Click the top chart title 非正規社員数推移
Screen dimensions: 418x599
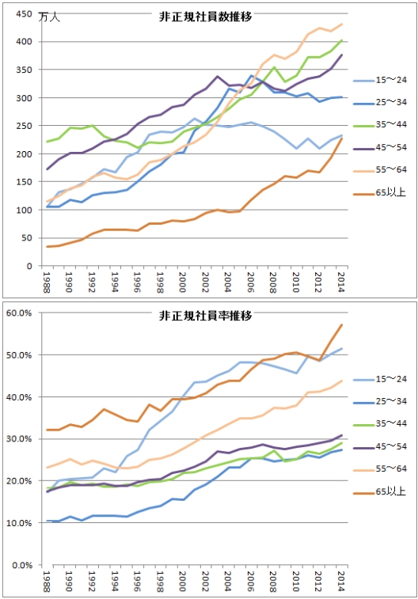pos(205,17)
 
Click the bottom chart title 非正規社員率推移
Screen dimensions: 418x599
pos(205,316)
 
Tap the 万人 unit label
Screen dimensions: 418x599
pos(50,17)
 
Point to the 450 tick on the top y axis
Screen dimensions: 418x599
pos(24,14)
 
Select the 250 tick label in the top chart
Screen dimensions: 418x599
pos(24,126)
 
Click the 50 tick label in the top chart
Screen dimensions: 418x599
pos(26,238)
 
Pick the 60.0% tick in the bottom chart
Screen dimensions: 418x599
pos(19,313)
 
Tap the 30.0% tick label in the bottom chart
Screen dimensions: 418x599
pos(19,439)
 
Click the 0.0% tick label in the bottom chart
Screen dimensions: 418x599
pos(22,565)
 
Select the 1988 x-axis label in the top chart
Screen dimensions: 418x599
pos(47,282)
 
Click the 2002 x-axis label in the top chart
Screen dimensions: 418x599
pos(205,282)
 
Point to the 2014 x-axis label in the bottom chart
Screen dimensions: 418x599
pos(341,582)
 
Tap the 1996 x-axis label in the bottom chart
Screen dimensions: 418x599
pos(137,582)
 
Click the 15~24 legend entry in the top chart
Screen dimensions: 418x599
pos(380,80)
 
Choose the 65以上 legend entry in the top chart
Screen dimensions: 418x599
pos(379,192)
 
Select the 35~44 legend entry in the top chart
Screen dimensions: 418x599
pos(380,124)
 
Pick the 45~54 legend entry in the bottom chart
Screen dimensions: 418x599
pos(380,446)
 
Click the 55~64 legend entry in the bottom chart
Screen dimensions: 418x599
pos(380,468)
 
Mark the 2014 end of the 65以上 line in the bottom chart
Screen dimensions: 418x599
pos(341,325)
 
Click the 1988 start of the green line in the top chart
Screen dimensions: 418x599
pos(47,142)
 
